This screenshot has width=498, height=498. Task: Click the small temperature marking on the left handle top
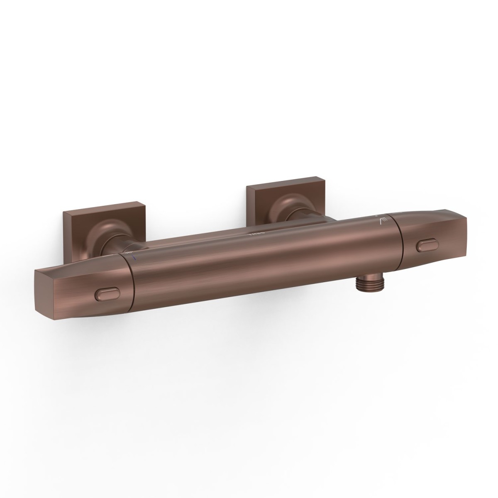pos(127,252)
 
